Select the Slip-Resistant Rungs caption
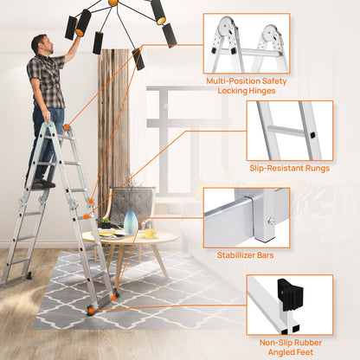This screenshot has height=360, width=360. (x=289, y=168)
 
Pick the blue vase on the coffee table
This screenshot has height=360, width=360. (x=131, y=223)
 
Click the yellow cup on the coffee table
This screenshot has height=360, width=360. (x=149, y=232)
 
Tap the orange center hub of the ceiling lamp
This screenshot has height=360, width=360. (x=112, y=3)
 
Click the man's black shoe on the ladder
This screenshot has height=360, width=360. (x=43, y=183)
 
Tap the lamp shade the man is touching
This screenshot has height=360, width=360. (x=83, y=21)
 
